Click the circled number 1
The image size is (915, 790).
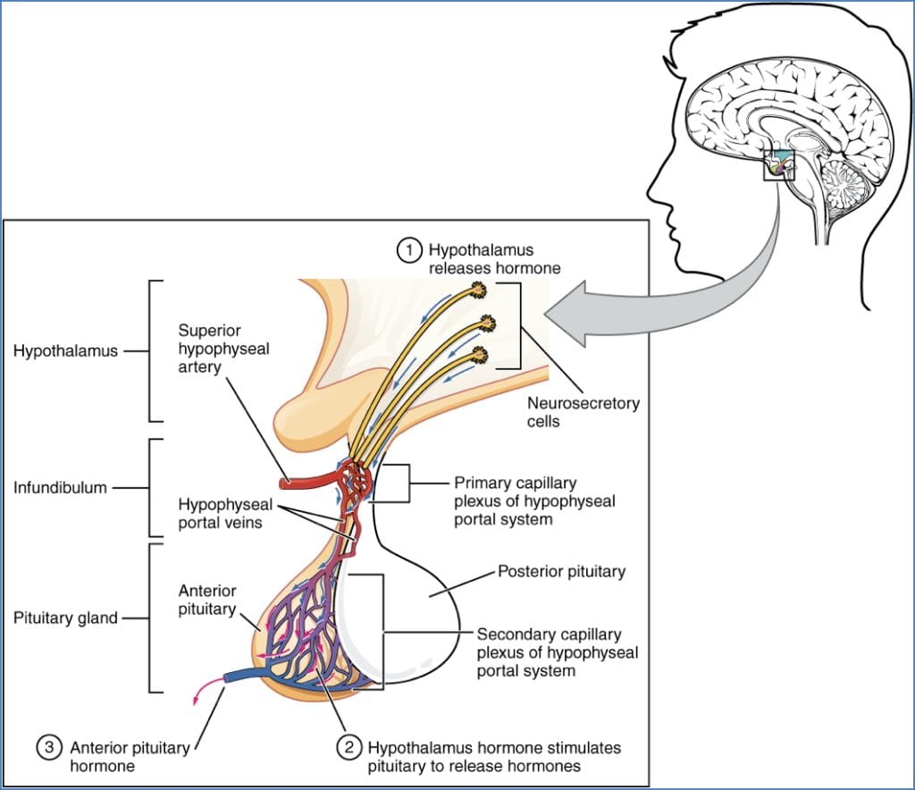[409, 251]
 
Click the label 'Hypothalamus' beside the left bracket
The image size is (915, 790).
[65, 351]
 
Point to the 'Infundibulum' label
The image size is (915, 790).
[60, 488]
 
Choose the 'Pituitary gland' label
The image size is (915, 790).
[65, 618]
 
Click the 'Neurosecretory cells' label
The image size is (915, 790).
[583, 412]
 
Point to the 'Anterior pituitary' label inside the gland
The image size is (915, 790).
[206, 600]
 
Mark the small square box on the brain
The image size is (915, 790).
[778, 165]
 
